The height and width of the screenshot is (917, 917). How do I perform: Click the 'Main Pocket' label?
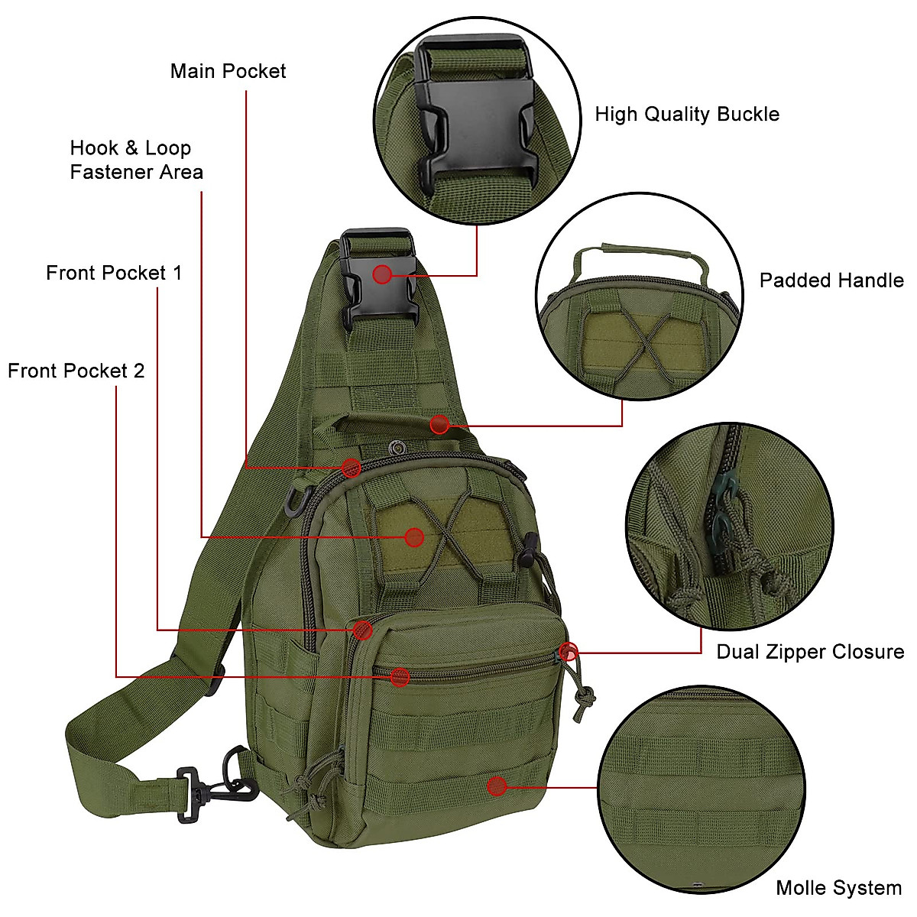click(x=228, y=71)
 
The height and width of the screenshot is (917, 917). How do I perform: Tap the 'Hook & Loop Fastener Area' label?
click(x=136, y=160)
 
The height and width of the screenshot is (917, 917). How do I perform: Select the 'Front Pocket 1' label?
click(x=114, y=273)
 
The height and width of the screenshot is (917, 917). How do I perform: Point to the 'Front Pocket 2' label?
click(x=76, y=371)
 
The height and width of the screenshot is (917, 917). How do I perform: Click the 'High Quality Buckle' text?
click(x=687, y=115)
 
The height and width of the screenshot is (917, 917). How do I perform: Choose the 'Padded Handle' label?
click(x=831, y=280)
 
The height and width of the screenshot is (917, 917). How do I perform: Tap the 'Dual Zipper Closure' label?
click(x=810, y=652)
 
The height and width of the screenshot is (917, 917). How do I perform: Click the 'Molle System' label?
click(x=838, y=888)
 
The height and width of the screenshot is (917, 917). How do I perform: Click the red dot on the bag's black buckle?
click(x=382, y=274)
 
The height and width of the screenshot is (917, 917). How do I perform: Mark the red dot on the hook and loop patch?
click(x=414, y=537)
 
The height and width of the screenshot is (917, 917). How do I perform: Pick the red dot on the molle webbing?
click(x=497, y=786)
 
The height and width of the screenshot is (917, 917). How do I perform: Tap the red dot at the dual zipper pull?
click(x=568, y=652)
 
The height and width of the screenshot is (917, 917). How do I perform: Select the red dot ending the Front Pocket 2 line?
click(x=400, y=676)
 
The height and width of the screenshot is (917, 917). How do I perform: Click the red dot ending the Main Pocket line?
click(x=351, y=468)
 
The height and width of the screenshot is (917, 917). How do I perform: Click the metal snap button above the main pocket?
click(x=397, y=446)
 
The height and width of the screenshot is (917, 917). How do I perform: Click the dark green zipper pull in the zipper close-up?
click(x=721, y=504)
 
